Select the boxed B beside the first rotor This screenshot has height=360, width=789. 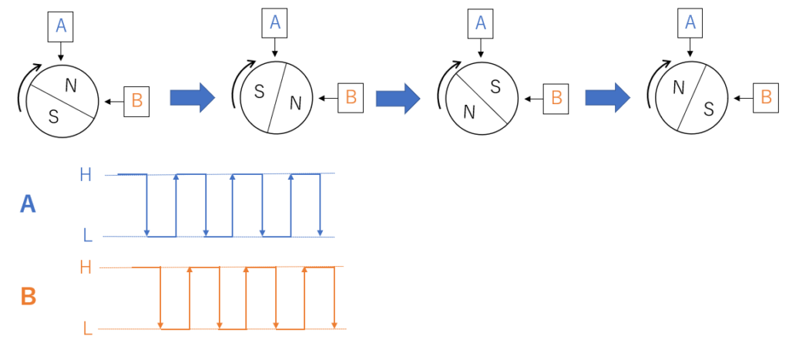pos(136,100)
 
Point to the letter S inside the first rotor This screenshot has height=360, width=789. pos(53,117)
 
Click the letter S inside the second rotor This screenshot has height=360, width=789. pos(259,92)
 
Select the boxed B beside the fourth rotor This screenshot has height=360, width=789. pos(765,97)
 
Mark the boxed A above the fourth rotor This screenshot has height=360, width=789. pos(690,22)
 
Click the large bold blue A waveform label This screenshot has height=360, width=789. pos(28,204)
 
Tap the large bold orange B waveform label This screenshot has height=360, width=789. pos(29,297)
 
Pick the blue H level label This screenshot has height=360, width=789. pos(86,175)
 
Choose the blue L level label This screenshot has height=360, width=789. pos(87,235)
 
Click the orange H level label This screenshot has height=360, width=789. pos(86,267)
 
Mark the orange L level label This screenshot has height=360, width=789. pos(88,329)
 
